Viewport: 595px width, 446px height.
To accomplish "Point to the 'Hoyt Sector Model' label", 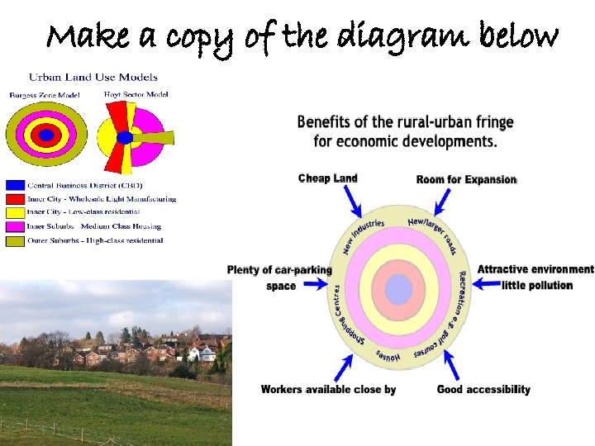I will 136,94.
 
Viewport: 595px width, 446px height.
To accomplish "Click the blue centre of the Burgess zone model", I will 47,135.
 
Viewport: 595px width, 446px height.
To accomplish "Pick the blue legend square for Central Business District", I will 14,185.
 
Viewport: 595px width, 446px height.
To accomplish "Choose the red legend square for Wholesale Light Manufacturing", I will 14,199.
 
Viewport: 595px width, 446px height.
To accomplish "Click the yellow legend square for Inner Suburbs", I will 14,226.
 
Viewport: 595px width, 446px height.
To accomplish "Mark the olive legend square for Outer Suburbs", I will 14,240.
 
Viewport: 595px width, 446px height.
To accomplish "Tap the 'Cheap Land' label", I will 327,178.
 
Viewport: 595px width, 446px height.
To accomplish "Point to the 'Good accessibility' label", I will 483,389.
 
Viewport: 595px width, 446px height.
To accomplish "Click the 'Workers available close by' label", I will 328,389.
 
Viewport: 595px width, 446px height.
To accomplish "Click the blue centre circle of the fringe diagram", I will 398,290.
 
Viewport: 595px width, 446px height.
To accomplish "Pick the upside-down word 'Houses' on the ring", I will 388,356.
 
